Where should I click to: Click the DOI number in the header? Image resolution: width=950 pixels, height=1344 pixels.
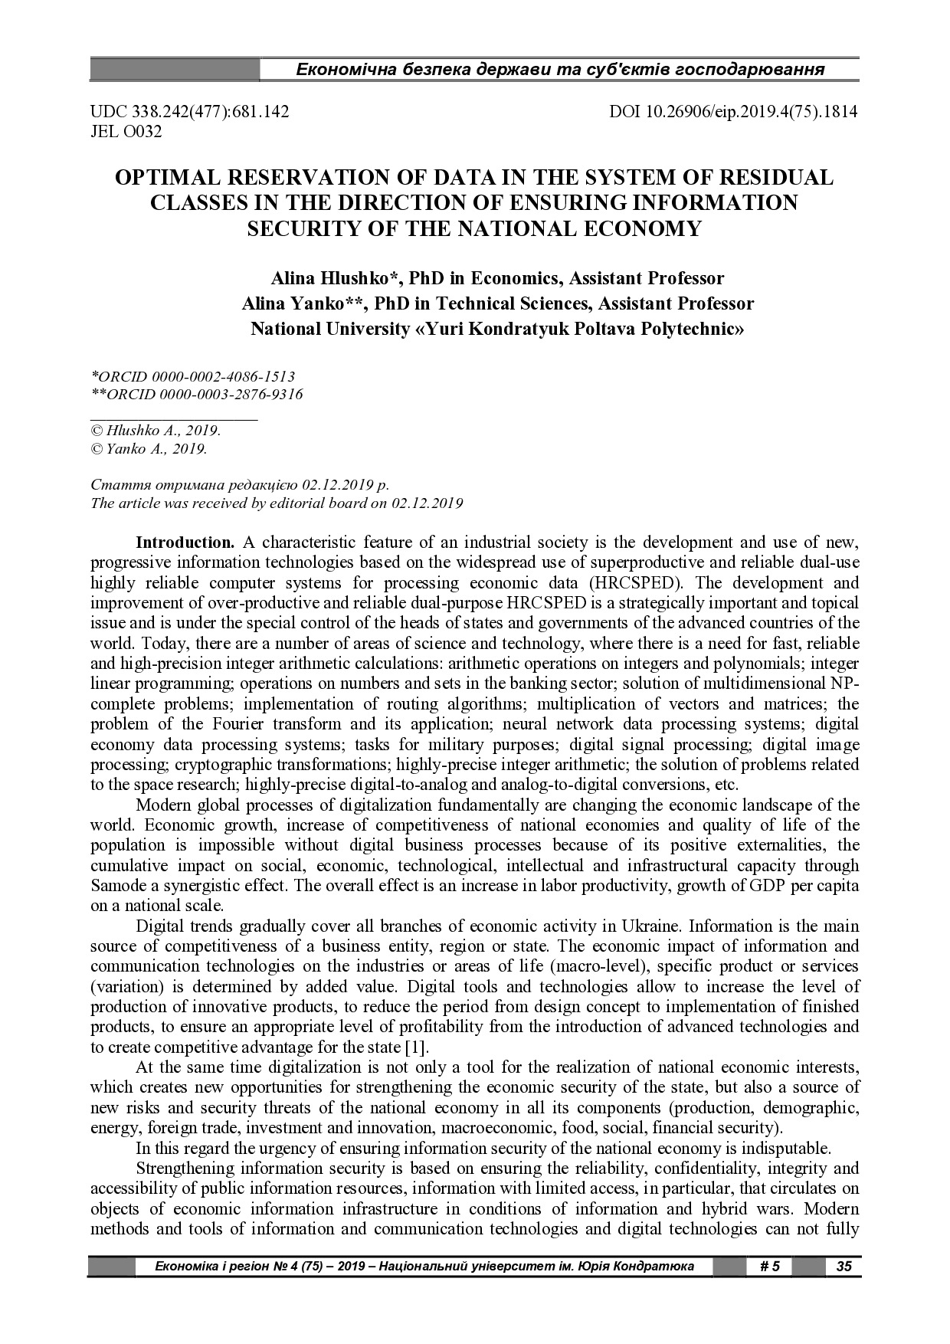point(733,112)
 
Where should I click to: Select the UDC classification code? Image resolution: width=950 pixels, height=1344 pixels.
point(190,112)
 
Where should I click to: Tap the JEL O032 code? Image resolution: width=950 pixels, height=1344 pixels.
point(126,132)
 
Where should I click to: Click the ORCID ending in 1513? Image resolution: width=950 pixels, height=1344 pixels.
point(193,376)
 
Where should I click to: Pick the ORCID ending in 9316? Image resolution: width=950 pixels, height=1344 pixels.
point(197,395)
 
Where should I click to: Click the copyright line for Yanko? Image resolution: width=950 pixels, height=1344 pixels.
point(149,449)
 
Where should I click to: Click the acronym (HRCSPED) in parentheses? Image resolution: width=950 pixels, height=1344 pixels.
point(638,582)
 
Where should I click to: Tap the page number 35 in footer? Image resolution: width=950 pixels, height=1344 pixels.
point(844,1266)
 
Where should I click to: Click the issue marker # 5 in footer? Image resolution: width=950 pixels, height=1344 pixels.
point(769,1266)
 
